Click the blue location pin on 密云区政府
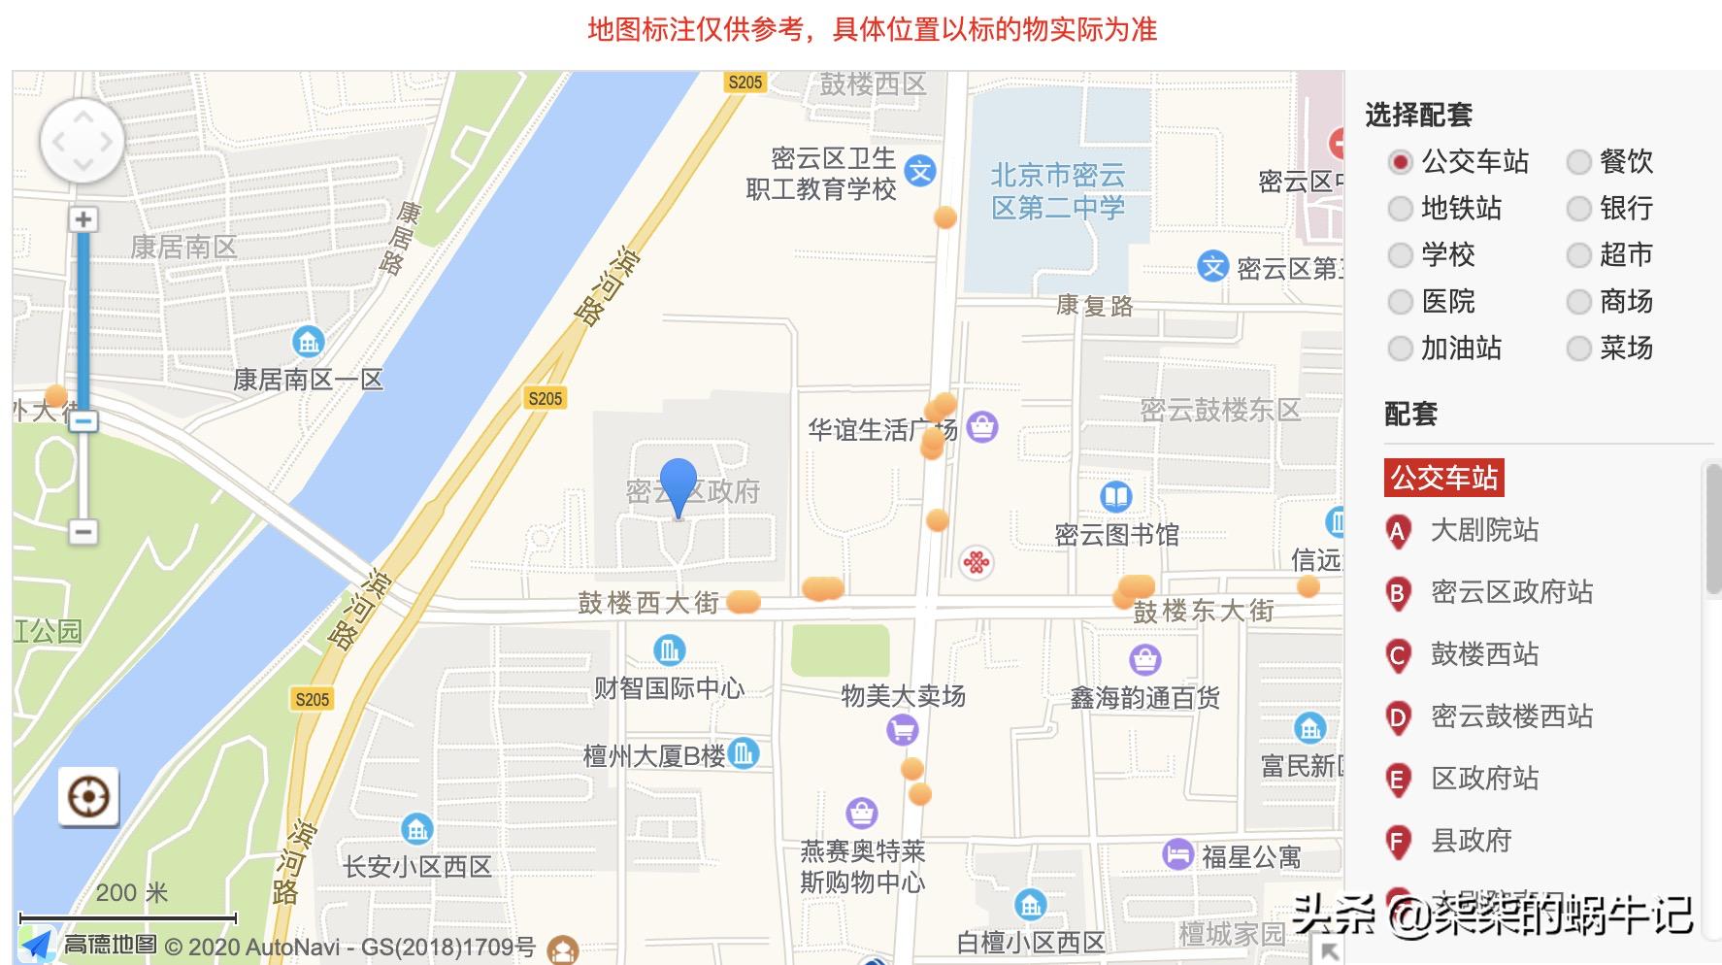click(x=678, y=485)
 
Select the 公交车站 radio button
click(x=1400, y=161)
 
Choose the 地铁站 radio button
click(x=1400, y=208)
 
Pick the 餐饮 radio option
click(x=1578, y=161)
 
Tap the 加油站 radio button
click(x=1400, y=348)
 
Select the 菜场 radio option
click(x=1578, y=348)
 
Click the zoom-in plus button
click(x=83, y=219)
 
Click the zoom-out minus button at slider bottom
click(x=83, y=531)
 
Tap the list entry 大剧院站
click(x=1484, y=530)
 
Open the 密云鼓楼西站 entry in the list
click(x=1511, y=716)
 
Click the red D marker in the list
click(x=1398, y=718)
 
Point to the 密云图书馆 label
click(x=1116, y=534)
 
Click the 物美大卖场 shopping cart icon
click(x=903, y=728)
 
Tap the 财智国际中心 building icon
click(x=669, y=649)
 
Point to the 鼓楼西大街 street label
click(x=648, y=603)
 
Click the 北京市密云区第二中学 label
click(x=1058, y=190)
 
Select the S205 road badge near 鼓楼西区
click(x=745, y=83)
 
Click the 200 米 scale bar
click(x=128, y=916)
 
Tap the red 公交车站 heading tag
click(x=1443, y=478)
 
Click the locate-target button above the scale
click(x=88, y=797)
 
